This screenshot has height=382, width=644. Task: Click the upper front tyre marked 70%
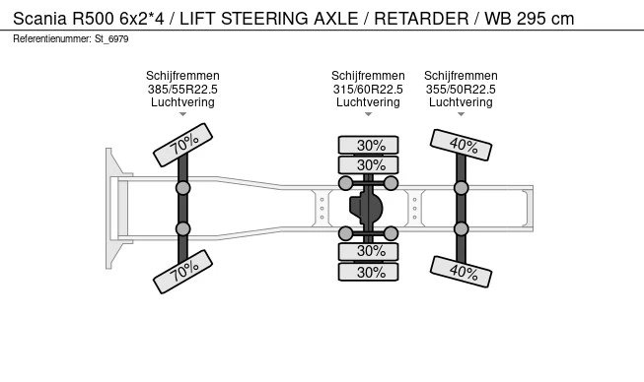(183, 146)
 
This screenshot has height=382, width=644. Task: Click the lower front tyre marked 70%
(183, 272)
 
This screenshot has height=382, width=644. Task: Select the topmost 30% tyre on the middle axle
(369, 145)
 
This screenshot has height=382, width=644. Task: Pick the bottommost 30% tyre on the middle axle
(369, 273)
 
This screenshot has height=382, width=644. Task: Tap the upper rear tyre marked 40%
(462, 146)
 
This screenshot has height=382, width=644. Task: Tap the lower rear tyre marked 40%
(462, 271)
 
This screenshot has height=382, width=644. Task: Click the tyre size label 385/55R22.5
(183, 89)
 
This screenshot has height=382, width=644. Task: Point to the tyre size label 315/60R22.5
(369, 89)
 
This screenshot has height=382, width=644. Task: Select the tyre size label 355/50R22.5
(461, 89)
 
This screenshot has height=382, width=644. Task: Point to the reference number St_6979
(111, 38)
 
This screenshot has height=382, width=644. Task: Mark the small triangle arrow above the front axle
(183, 115)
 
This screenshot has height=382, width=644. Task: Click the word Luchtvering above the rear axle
(461, 101)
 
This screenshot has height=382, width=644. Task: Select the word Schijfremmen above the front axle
(183, 76)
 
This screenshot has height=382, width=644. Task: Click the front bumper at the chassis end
(111, 209)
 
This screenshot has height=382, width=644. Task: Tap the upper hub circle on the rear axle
(461, 188)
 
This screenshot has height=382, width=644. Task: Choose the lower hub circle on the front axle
(183, 229)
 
